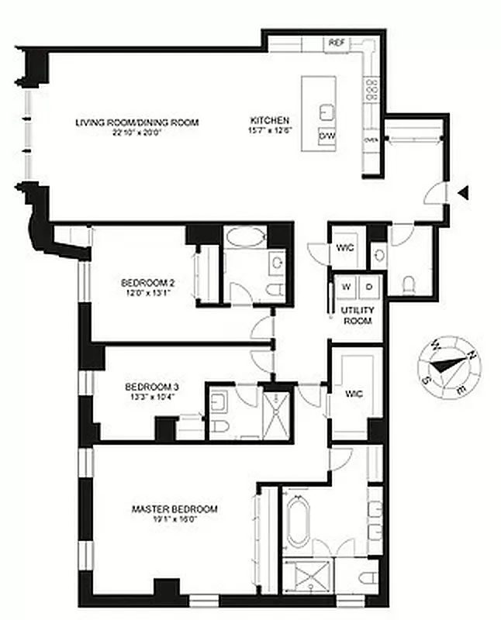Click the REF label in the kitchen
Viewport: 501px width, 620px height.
click(336, 43)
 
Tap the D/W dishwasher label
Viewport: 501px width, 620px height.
click(327, 136)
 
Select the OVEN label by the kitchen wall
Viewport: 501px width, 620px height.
click(371, 140)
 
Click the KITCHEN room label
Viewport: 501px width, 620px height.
click(270, 121)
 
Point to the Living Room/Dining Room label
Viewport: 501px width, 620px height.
click(137, 122)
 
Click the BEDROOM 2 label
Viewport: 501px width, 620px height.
click(147, 282)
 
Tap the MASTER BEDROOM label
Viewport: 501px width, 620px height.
click(174, 509)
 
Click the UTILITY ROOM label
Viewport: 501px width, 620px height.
click(358, 315)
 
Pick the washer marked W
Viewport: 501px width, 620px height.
click(346, 287)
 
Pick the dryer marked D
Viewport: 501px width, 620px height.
click(369, 287)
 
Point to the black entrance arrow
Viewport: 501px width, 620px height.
click(463, 192)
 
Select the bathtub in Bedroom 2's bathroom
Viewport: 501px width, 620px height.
click(244, 236)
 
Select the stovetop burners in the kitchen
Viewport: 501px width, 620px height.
click(371, 89)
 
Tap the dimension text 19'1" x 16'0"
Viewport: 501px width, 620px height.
click(174, 521)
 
